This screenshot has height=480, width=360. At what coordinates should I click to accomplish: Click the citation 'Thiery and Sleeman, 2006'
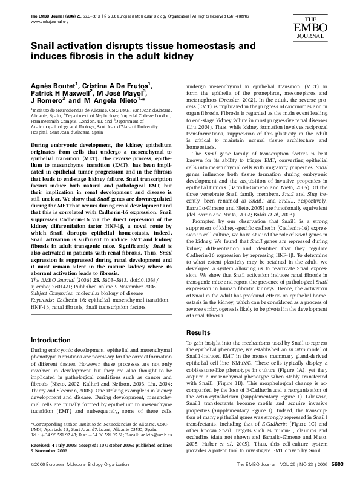click(x=61, y=374)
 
